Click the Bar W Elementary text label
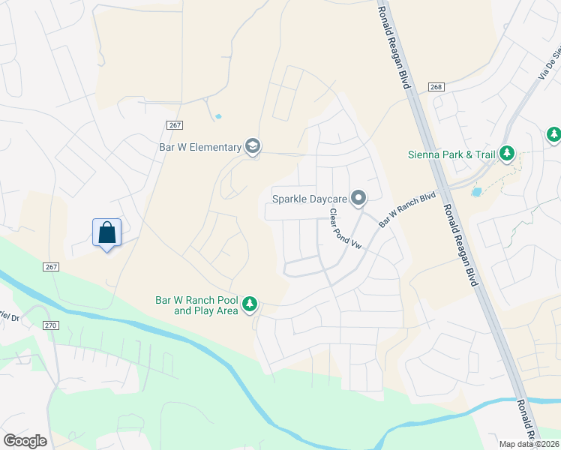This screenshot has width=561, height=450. (x=199, y=147)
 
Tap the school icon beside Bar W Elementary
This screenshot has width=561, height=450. (x=253, y=147)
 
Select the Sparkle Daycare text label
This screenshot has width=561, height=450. (x=310, y=198)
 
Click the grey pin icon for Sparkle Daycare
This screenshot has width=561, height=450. (x=358, y=198)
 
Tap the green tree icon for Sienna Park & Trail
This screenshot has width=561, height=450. (x=508, y=154)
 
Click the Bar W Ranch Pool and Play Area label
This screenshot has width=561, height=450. (x=196, y=304)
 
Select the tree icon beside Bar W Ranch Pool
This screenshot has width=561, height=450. (x=250, y=305)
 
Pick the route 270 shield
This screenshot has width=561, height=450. (x=50, y=325)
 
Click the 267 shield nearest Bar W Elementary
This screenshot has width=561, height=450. (x=172, y=126)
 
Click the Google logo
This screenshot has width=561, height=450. (x=25, y=440)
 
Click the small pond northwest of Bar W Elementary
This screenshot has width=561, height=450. (x=217, y=116)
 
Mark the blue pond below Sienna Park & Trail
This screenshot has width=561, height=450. (x=475, y=192)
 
